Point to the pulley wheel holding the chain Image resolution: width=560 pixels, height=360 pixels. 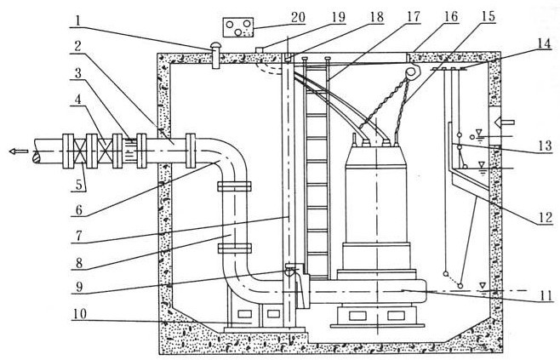tap(414, 74)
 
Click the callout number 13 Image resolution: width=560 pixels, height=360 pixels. tap(542, 146)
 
